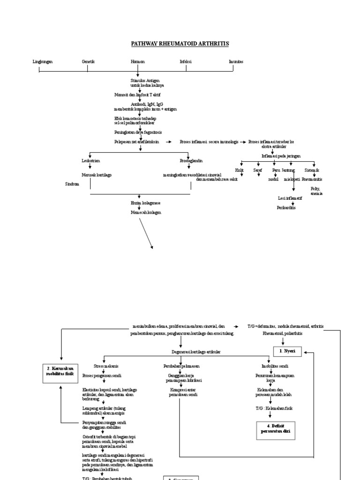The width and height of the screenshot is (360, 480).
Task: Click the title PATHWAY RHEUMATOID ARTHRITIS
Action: [x=180, y=44]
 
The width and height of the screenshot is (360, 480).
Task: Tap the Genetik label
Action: [x=88, y=61]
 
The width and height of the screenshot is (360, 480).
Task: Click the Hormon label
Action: [x=137, y=61]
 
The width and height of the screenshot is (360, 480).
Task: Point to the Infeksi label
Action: [x=186, y=61]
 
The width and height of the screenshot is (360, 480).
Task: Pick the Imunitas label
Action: [x=235, y=61]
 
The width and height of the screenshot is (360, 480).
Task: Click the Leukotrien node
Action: [x=90, y=160]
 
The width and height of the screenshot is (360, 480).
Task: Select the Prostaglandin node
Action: [x=191, y=160]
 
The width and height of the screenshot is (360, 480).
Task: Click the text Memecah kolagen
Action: [x=145, y=212]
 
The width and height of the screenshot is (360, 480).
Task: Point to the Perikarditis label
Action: [x=286, y=207]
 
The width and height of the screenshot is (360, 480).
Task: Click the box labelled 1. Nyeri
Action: [x=287, y=350]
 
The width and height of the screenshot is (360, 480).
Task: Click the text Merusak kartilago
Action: [x=97, y=175]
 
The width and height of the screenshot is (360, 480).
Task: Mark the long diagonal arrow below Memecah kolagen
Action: [x=145, y=232]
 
